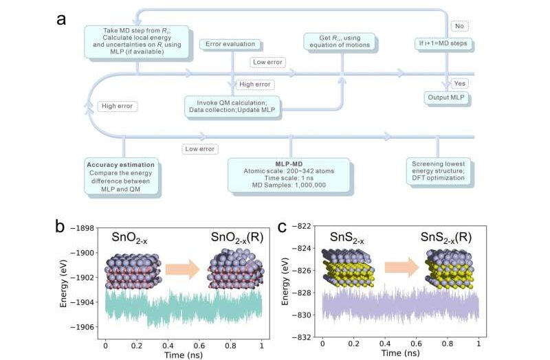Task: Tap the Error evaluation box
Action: tap(231, 45)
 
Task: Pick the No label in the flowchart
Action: tap(459, 26)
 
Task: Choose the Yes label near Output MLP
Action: tap(461, 83)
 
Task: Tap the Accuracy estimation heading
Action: tap(121, 165)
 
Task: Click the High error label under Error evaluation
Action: tap(254, 85)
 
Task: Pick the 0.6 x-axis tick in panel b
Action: tap(199, 342)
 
